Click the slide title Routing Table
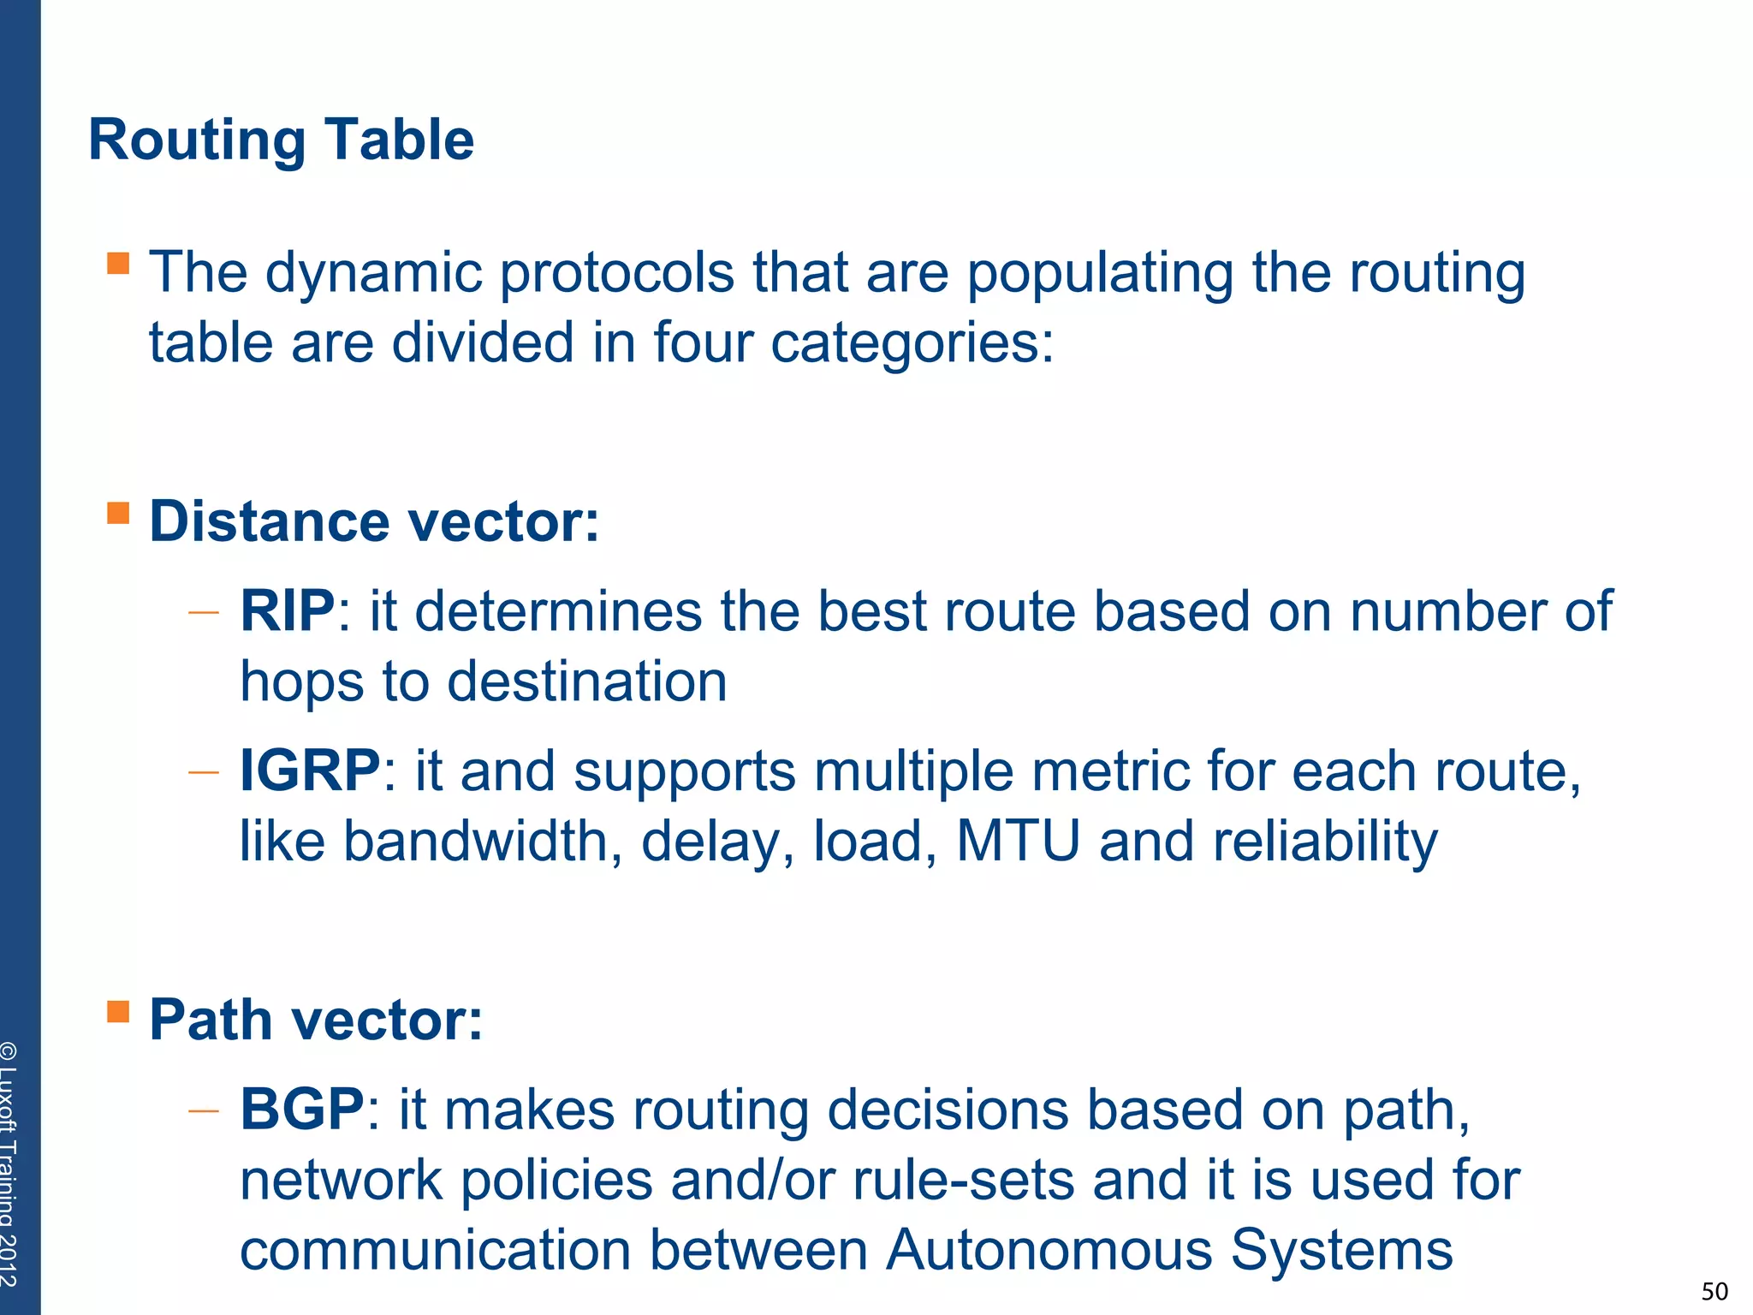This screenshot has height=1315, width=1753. pos(281,140)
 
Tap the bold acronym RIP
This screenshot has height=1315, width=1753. pos(288,611)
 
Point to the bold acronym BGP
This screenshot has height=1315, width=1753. pos(302,1110)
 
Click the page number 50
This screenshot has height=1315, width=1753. pos(1714,1291)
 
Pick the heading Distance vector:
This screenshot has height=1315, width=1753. pos(374,521)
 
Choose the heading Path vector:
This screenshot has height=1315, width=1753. pos(316,1020)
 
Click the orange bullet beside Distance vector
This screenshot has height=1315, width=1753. pos(118,513)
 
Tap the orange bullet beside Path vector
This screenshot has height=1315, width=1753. pos(118,1011)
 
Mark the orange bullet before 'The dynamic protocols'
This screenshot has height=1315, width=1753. pos(118,263)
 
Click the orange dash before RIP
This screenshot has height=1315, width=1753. pos(204,613)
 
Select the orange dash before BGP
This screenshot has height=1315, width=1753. pos(204,1111)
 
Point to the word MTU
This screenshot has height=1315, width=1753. pos(1018,841)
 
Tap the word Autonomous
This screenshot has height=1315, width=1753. pos(1049,1250)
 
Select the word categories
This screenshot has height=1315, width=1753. pos(912,343)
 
